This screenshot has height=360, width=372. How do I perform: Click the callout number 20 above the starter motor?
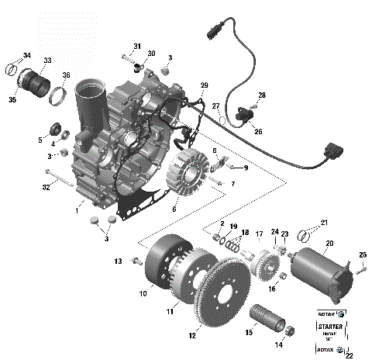point(329,244)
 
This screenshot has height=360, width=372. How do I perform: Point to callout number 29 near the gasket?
point(205,85)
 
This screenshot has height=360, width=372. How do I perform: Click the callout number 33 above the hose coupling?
point(47,61)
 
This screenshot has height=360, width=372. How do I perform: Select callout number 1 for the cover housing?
point(77,209)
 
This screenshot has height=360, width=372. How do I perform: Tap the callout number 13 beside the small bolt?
point(119,261)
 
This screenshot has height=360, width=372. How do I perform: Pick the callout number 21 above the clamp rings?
point(324,223)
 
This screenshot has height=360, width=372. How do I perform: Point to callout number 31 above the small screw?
point(136,47)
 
